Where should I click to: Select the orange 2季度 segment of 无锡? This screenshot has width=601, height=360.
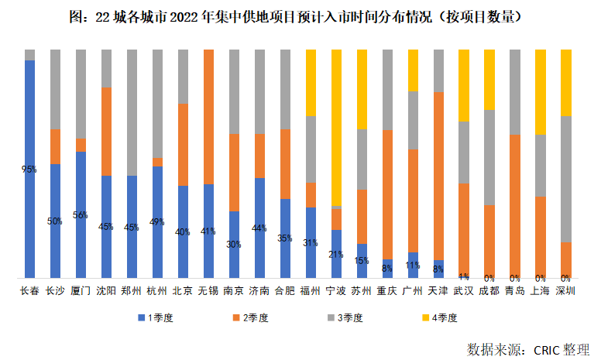point(208,116)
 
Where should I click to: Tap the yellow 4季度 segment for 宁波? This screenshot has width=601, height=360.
point(336,128)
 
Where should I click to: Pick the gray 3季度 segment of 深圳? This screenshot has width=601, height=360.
point(565,178)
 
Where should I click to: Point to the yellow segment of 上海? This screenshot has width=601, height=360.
point(540,91)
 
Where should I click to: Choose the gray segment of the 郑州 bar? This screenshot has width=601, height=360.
point(132,112)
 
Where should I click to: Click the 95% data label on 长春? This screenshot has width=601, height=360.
point(29,170)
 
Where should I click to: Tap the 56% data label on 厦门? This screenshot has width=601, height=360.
point(81,215)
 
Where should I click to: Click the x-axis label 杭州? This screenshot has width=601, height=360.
point(157,291)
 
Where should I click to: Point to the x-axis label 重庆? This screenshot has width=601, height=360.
point(387,291)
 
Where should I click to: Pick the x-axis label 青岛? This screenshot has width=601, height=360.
point(514,291)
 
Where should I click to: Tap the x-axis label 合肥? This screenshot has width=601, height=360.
point(285,291)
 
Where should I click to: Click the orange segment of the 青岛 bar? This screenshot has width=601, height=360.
point(514,206)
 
